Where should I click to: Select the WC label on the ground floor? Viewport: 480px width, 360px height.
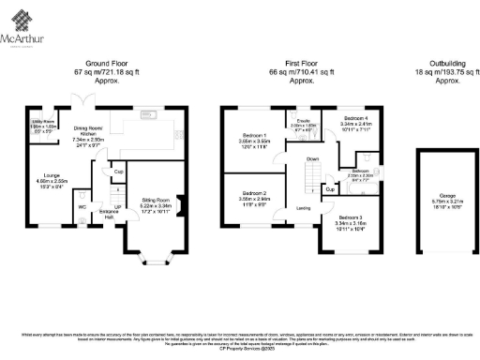82,205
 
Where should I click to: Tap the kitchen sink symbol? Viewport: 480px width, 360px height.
148,115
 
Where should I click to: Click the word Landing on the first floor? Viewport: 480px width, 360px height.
304,207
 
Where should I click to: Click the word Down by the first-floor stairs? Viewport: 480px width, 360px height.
313,159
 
